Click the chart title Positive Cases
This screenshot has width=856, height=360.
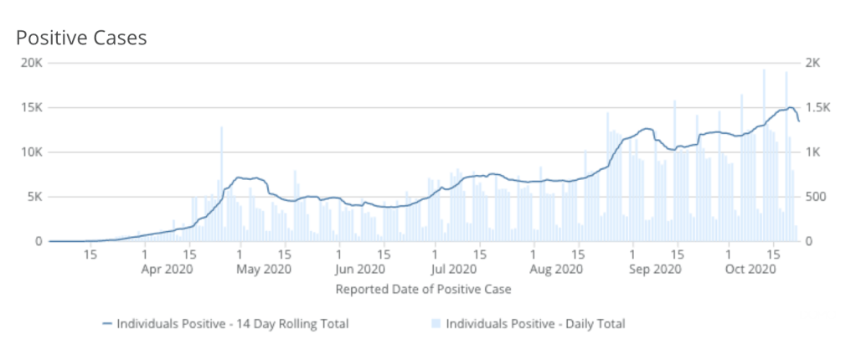coord(81,38)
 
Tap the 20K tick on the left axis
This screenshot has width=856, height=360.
coord(33,63)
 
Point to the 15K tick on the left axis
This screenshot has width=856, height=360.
coord(33,107)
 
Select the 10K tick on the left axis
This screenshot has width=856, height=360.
coord(33,152)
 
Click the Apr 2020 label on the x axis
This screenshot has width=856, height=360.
coord(168,270)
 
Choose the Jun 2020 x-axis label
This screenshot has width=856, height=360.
coord(359,270)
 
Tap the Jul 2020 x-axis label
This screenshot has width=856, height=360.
coord(455,270)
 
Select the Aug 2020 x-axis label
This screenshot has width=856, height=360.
coord(556,270)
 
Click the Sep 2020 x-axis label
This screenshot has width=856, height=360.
coord(655,270)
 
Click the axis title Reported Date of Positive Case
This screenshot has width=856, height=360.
coord(423,290)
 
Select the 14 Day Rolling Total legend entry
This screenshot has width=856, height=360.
coord(224,323)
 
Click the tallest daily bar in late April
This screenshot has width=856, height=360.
coord(222,184)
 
